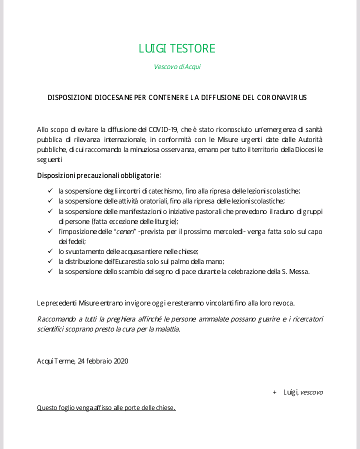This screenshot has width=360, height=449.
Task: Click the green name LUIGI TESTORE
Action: [x=177, y=48]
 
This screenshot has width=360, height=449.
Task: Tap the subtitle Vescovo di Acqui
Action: [x=177, y=67]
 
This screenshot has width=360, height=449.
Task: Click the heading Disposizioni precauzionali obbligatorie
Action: [x=98, y=175]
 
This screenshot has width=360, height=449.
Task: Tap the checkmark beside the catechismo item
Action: [x=50, y=190]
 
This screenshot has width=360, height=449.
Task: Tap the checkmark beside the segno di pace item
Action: [x=50, y=271]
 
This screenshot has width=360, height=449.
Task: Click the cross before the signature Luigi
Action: [x=274, y=392]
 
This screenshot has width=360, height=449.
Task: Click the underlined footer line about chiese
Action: [x=106, y=407]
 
